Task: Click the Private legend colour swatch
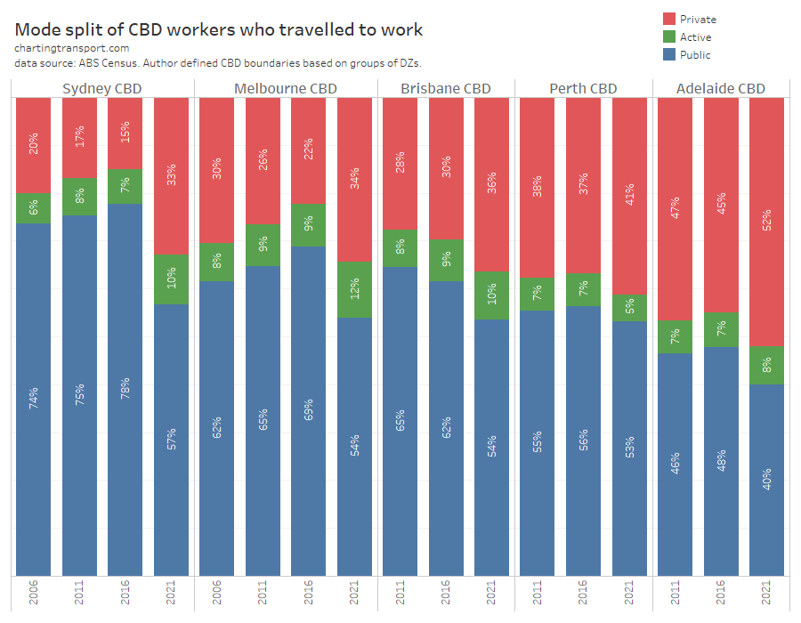tap(670, 19)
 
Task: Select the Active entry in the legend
tap(695, 37)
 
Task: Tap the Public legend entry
tap(695, 55)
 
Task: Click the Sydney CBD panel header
tap(102, 88)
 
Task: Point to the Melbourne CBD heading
tap(286, 88)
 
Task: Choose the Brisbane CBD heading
tap(446, 88)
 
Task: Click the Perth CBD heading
tap(583, 88)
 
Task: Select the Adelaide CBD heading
tap(721, 88)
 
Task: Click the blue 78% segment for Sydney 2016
tap(125, 389)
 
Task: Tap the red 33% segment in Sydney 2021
tap(172, 175)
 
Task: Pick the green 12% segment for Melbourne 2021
tap(355, 289)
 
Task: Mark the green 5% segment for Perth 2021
tap(629, 308)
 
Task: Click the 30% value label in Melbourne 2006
tap(217, 169)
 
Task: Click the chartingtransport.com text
tap(72, 49)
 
